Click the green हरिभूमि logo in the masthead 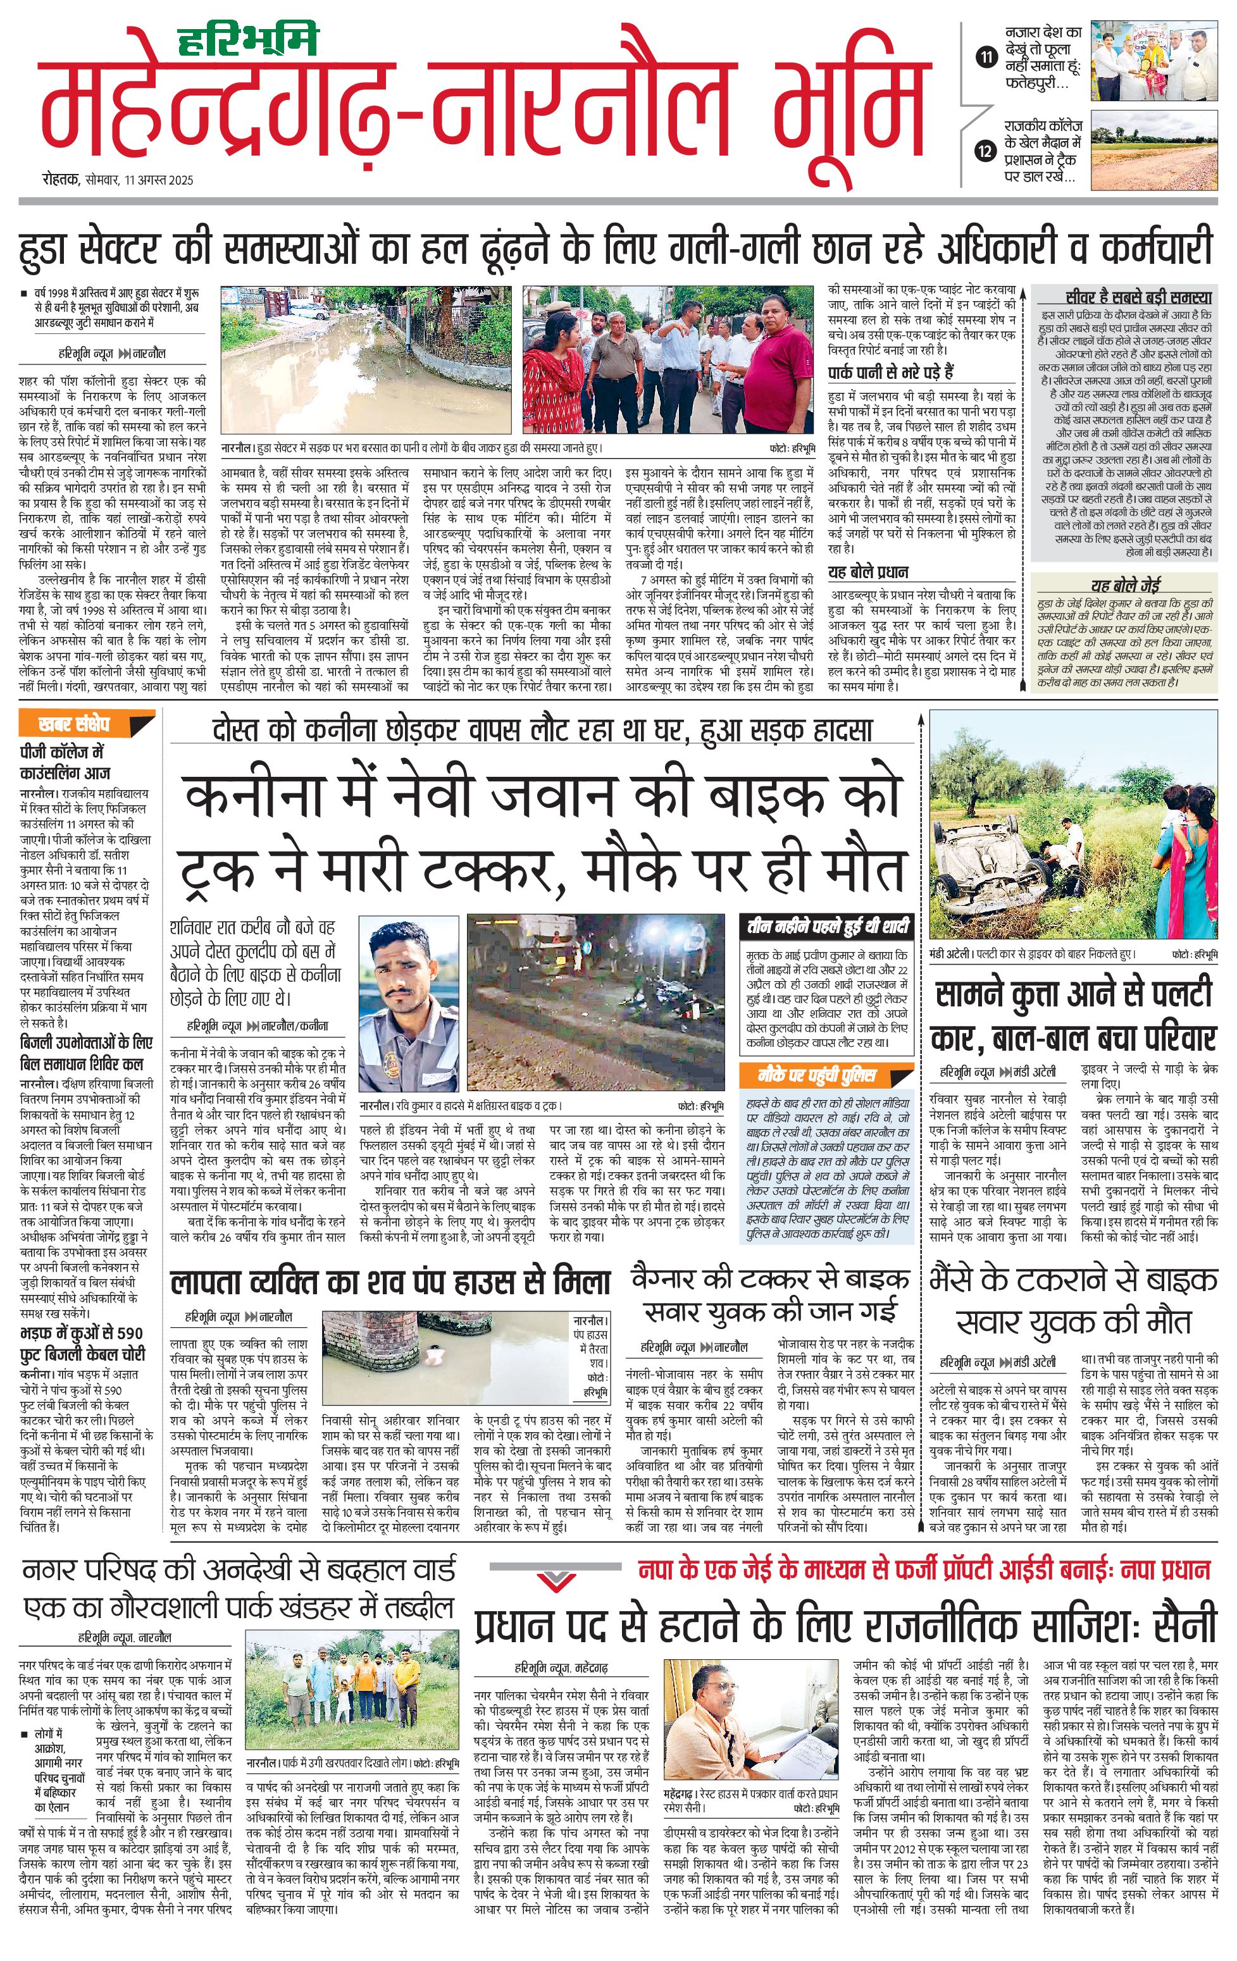[249, 40]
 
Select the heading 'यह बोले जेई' [1126, 585]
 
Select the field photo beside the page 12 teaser [1154, 151]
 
